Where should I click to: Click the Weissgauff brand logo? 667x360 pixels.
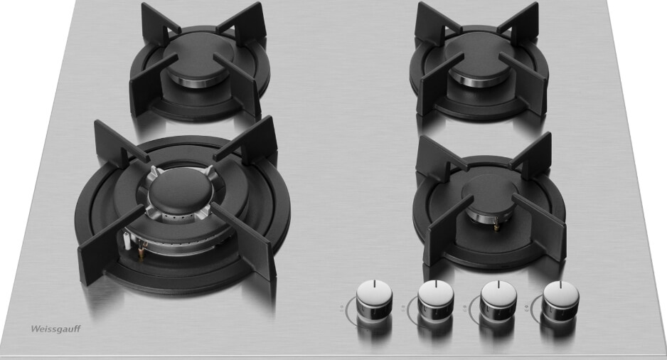click(55, 329)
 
